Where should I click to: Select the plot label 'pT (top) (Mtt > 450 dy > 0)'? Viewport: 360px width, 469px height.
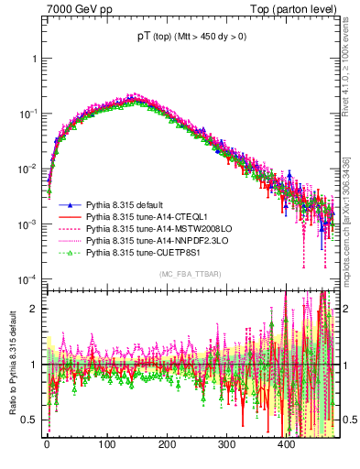click(x=189, y=36)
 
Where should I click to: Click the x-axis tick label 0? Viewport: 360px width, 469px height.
click(x=47, y=444)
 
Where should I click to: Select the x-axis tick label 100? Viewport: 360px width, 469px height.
click(x=106, y=444)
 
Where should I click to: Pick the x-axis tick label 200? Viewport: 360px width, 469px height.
click(x=167, y=444)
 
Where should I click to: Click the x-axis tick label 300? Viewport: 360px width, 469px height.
click(x=226, y=444)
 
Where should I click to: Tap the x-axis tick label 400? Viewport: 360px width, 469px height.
click(x=287, y=444)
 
